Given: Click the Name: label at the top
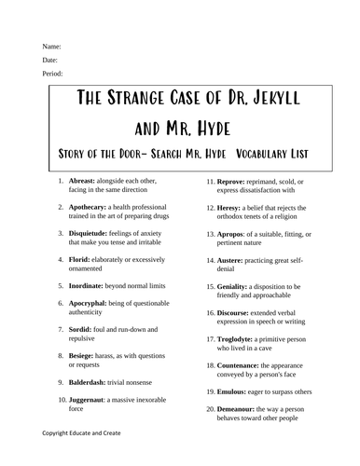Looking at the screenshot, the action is tap(51, 45).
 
